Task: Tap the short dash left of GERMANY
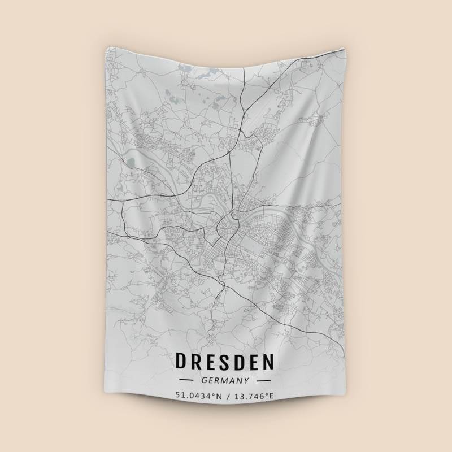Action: tap(186, 380)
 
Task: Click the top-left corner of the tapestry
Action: tap(106, 47)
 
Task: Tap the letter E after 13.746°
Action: tap(271, 395)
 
